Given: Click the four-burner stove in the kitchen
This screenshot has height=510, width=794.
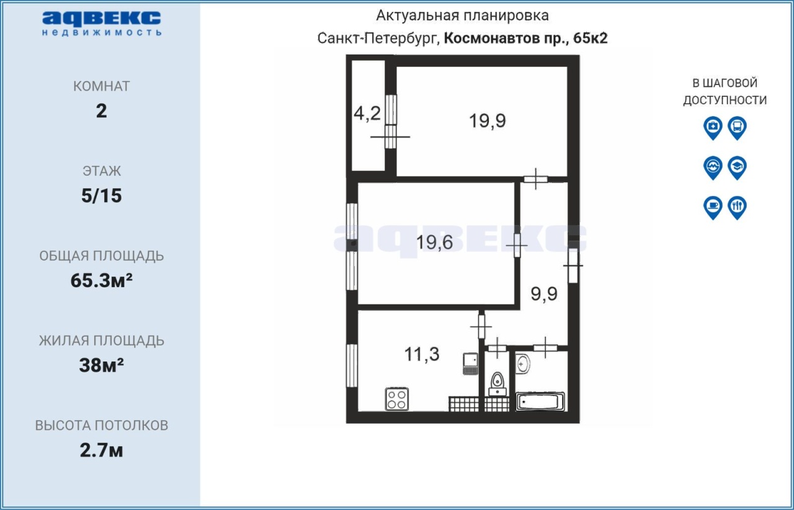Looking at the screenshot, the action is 397,399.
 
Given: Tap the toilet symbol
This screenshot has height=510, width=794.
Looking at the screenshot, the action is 497,384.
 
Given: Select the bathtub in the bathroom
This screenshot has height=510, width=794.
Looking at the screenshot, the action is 540,401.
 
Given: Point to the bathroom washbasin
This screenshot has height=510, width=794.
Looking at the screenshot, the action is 523,364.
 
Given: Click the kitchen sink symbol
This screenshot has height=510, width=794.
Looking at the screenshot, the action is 470,364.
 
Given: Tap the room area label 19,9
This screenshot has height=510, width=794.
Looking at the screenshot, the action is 488,120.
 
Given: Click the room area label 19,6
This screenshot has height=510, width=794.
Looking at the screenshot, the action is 435,243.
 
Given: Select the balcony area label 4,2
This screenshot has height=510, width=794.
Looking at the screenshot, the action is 367,114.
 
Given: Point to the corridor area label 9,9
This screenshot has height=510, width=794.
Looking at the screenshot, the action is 544,293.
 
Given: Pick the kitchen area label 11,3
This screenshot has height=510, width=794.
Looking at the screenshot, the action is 422,354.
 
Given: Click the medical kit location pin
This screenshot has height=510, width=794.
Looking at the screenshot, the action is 713,128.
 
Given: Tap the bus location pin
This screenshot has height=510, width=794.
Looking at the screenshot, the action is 738,128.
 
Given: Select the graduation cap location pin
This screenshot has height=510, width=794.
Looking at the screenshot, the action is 738,168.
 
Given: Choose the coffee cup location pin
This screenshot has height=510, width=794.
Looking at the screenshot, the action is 713,208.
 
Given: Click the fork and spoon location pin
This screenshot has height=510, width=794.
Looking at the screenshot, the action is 738,208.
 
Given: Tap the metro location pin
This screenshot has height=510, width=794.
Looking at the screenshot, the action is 713,168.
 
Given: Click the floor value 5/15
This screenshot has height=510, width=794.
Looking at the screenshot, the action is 101,196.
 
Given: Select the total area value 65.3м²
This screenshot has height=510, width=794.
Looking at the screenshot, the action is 101,280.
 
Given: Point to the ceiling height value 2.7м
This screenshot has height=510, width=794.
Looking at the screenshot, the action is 101,450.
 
